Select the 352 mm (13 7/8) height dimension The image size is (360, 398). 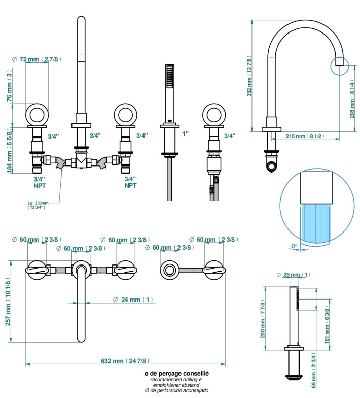pos(249,75)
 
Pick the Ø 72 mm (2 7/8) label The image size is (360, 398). pos(37,59)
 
